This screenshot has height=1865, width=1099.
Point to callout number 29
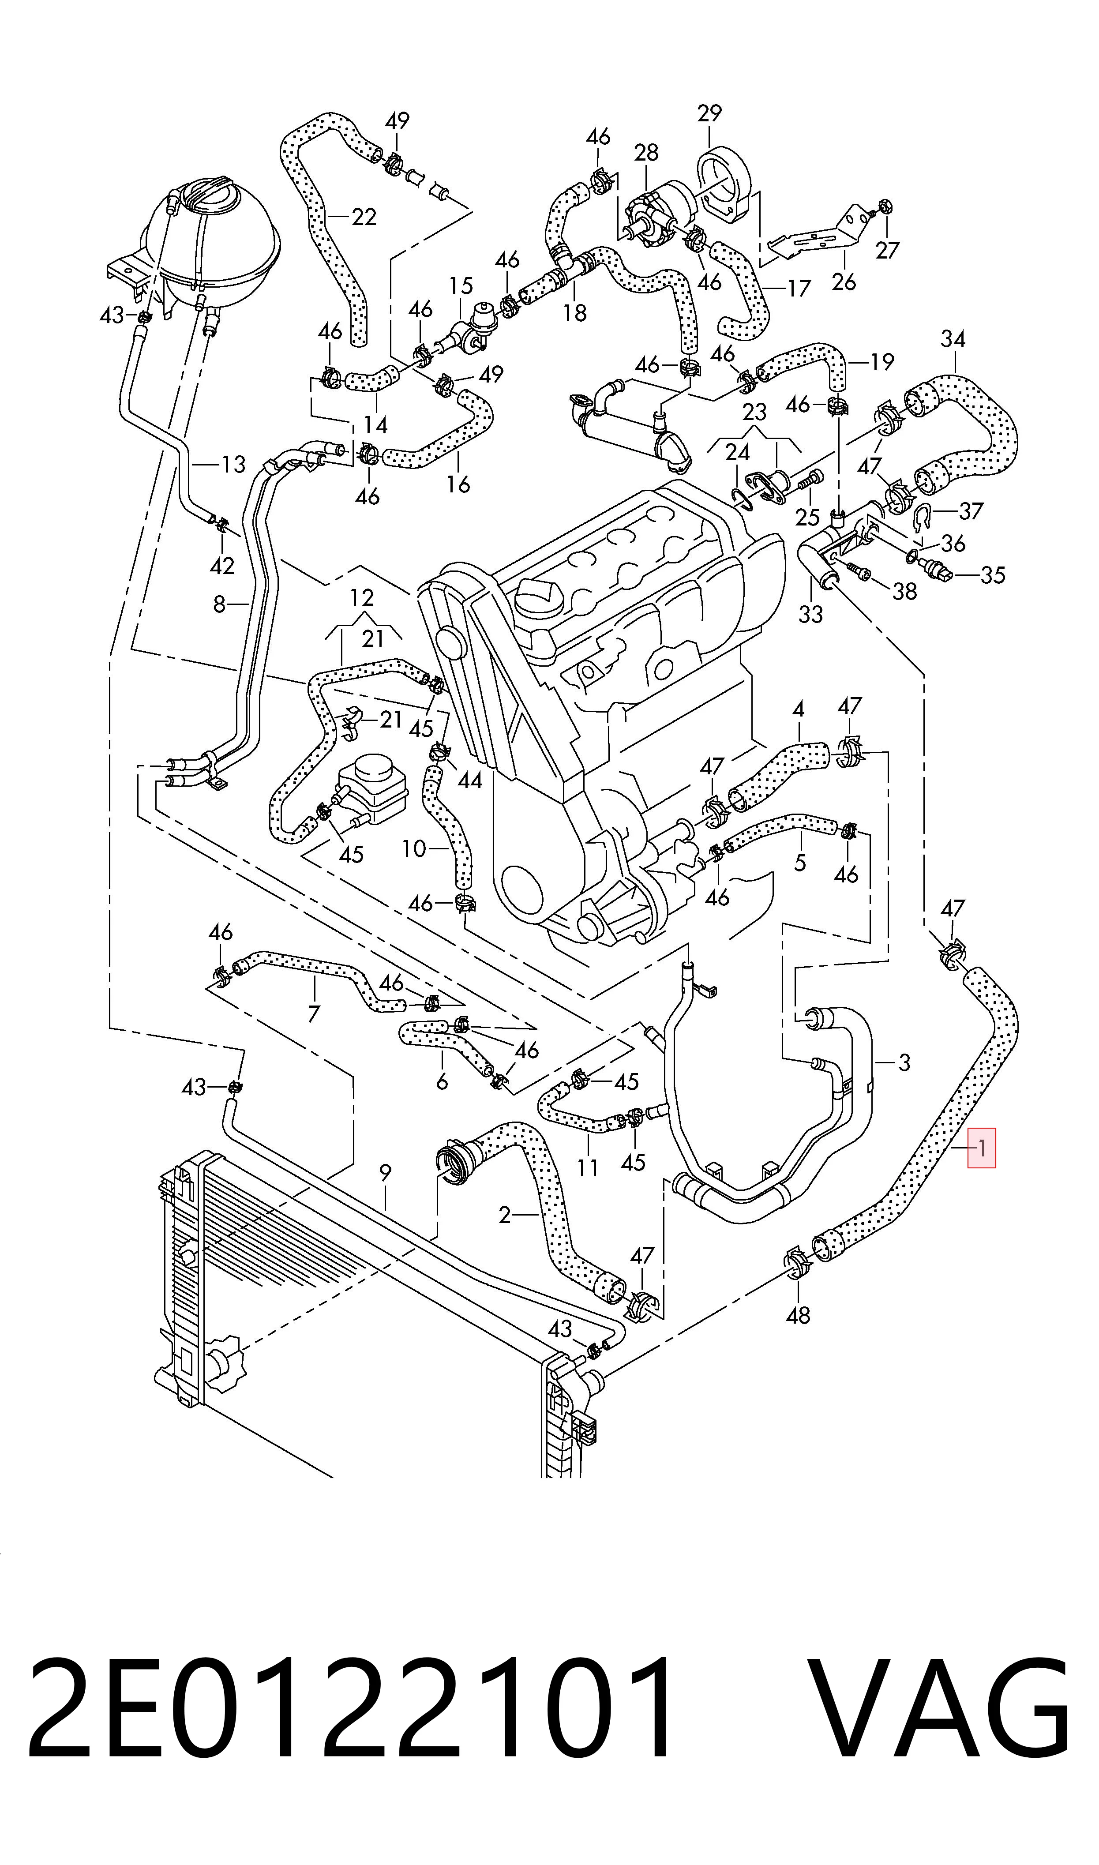[709, 113]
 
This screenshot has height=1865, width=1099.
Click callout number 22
[364, 217]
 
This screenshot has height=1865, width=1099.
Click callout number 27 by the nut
[886, 250]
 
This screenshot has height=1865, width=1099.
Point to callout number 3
[904, 1063]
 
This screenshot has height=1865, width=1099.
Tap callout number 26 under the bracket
[844, 281]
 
